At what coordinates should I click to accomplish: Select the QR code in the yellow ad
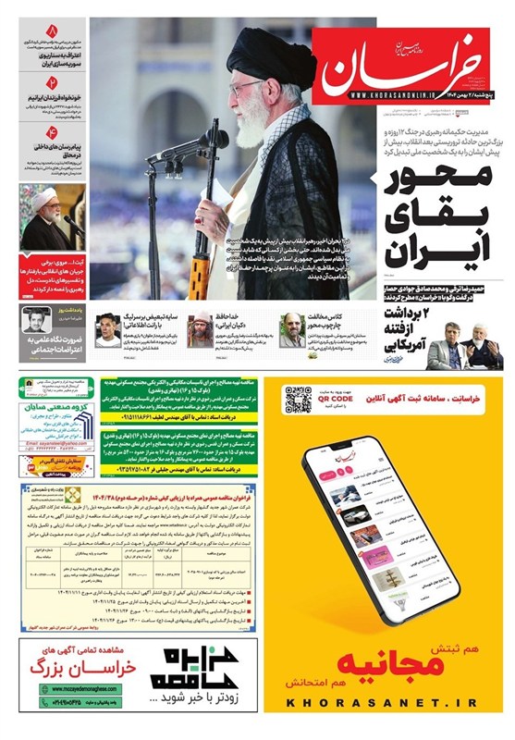[297, 400]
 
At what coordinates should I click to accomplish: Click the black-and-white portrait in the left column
[37, 321]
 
